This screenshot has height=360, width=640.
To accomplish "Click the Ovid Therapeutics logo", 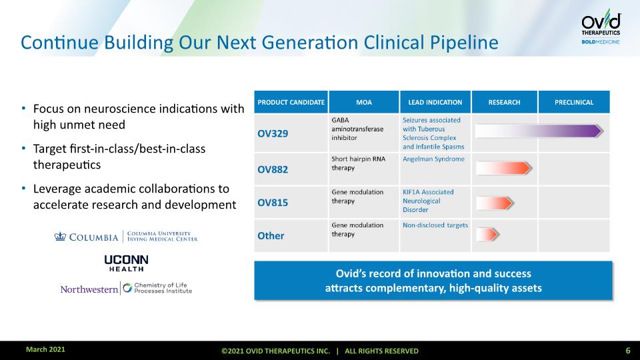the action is coord(601,27).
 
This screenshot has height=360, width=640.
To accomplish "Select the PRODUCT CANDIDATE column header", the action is coord(291,102).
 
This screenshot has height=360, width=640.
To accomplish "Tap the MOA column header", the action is coord(364,102).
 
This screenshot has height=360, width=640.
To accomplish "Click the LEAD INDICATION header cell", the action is coord(435,102).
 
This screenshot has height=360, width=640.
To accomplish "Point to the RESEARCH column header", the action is coord(505,102).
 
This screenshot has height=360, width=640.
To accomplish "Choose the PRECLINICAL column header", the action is coord(574,102).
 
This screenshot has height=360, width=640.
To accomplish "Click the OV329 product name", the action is coord(273,133).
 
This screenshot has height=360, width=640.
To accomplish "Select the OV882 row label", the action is coord(273,169).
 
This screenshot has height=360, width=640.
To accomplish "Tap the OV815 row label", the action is coord(273,203).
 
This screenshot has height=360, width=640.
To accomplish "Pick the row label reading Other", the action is coord(271,235).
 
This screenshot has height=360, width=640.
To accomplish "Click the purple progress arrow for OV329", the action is coord(539,131).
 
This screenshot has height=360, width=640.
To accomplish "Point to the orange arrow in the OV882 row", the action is coord(503,168).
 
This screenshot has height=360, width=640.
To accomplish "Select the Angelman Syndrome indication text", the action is coord(433,159).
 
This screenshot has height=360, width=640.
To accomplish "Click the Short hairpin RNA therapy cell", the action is coord(359,163).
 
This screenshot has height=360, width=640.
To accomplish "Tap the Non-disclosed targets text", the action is coord(435,225).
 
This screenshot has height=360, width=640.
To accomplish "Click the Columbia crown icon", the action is coord(60,236).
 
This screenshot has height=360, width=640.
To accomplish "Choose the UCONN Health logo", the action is coord(126,263).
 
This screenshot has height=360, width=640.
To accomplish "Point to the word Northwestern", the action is coord(89,289).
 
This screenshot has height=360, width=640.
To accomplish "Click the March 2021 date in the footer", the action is coord(45,349).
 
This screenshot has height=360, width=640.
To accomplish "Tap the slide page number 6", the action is coord(628,350).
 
